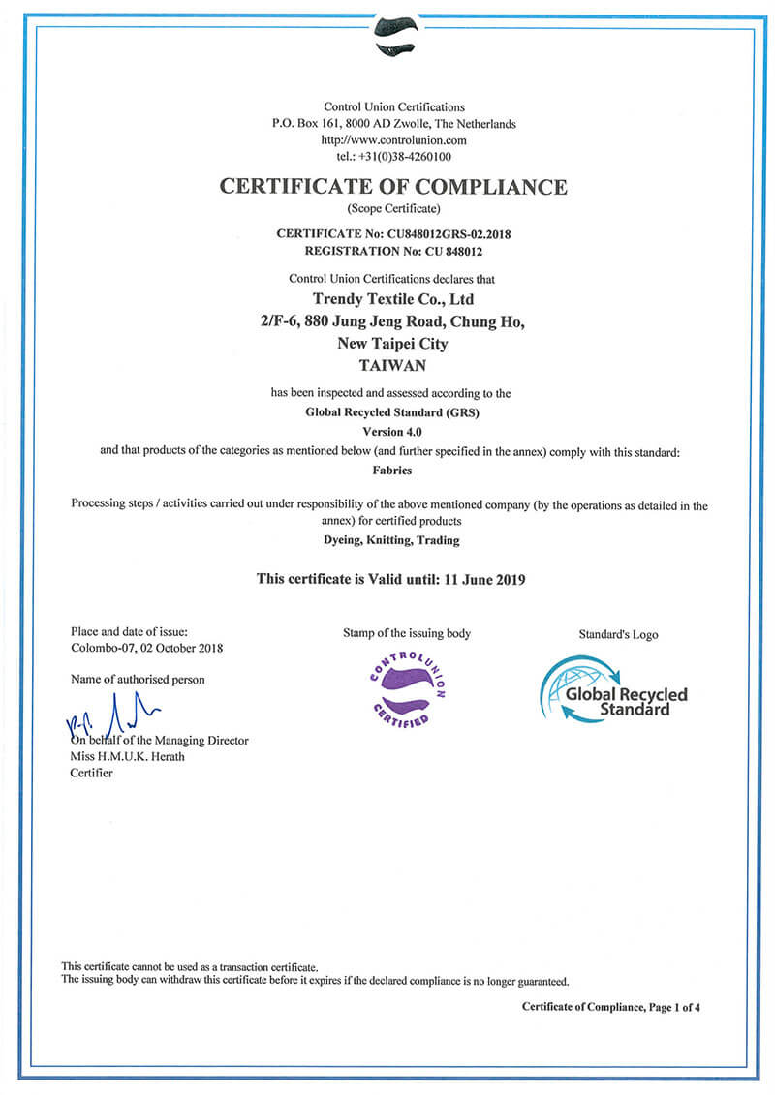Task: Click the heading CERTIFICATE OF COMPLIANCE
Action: (x=392, y=187)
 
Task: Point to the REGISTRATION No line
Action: (x=392, y=250)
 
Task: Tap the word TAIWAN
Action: (x=393, y=366)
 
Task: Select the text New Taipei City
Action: (x=393, y=344)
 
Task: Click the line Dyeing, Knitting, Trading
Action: (x=392, y=540)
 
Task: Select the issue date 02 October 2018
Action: (x=180, y=648)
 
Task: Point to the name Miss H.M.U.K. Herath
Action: (x=127, y=756)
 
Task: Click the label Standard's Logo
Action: (x=618, y=635)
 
